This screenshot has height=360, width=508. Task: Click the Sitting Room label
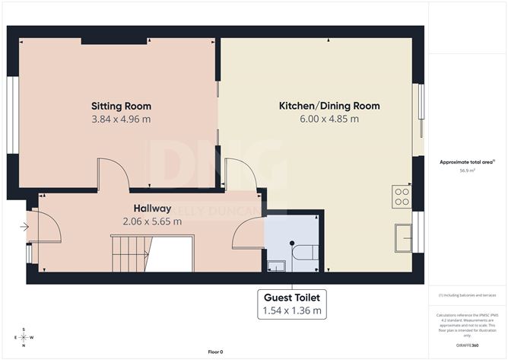[121, 106]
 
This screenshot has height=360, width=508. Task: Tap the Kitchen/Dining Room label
[329, 106]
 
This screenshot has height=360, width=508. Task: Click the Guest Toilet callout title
[293, 297]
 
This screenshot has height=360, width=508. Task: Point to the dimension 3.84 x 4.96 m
[121, 119]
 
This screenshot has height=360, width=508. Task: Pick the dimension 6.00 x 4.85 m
[329, 119]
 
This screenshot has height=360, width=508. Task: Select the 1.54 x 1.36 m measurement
[293, 311]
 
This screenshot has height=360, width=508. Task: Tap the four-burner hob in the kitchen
[402, 197]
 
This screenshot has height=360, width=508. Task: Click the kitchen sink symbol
[403, 238]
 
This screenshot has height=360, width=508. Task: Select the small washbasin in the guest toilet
[276, 266]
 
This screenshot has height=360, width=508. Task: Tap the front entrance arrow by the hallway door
[24, 226]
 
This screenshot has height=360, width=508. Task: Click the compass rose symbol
[24, 337]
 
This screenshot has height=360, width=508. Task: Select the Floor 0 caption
[215, 352]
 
